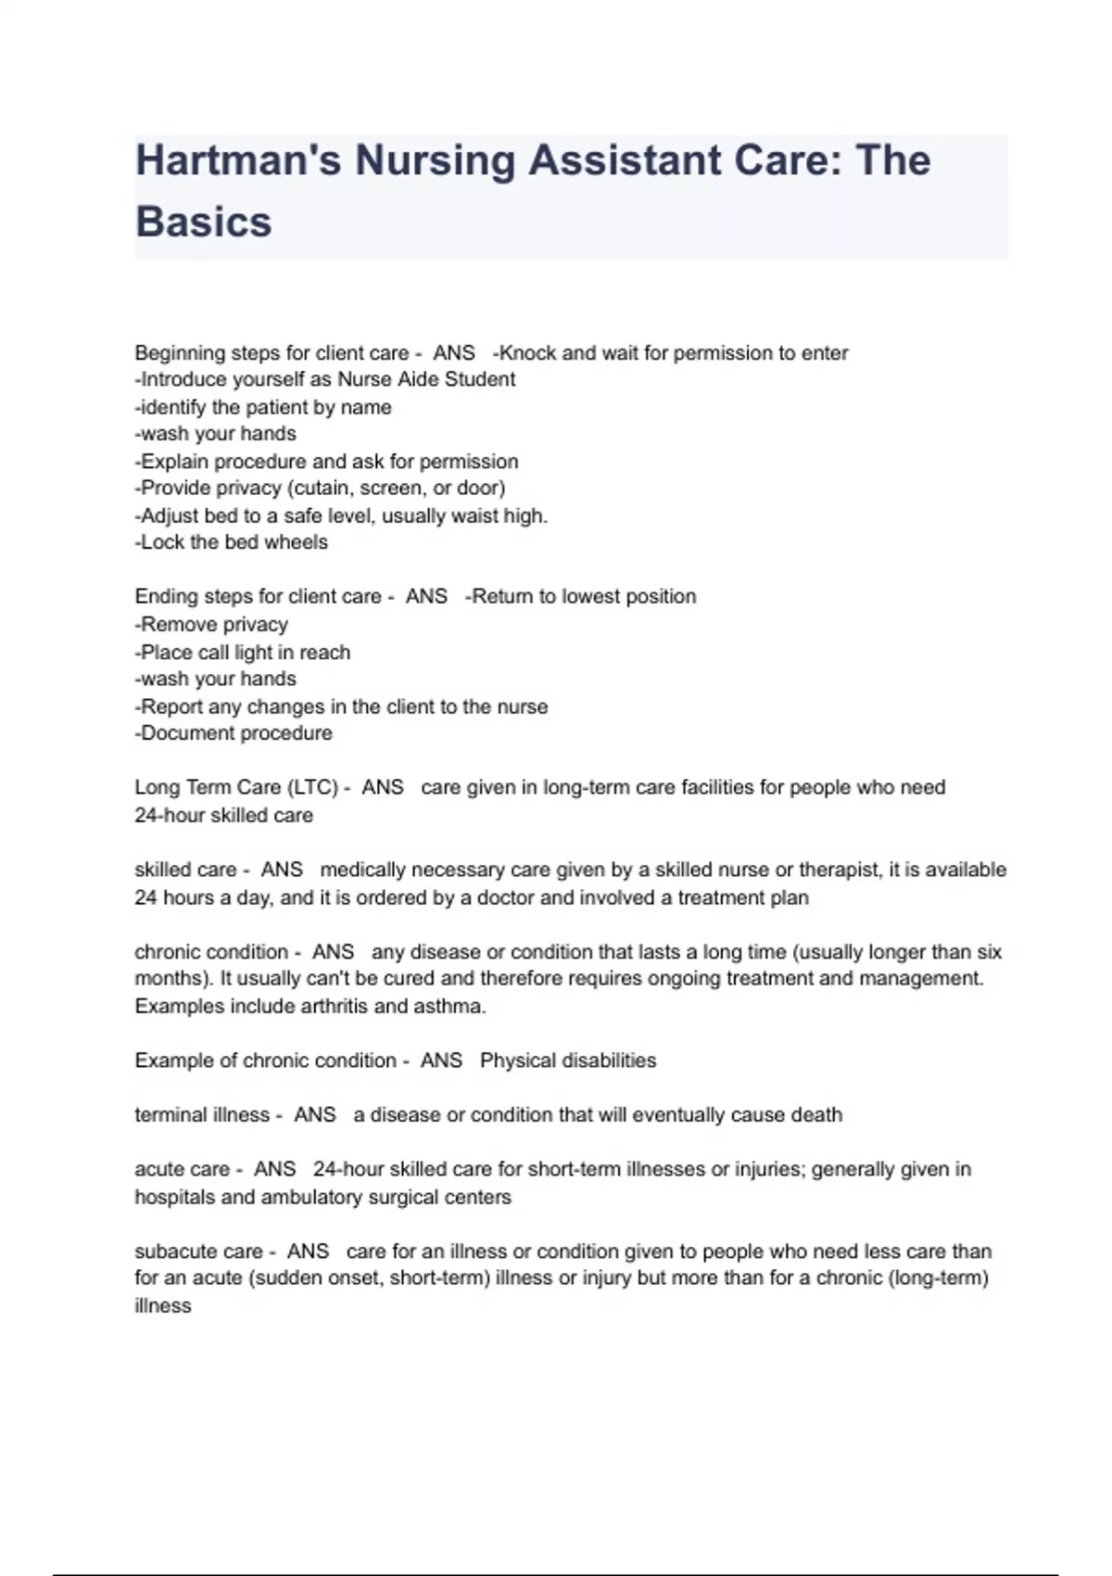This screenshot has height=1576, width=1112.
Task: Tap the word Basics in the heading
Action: [204, 222]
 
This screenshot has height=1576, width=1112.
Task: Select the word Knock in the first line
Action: [529, 353]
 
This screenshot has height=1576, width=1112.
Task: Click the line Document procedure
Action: [234, 733]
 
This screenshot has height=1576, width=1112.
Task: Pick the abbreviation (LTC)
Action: [312, 787]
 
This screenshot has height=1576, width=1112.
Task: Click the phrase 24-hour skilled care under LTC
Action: [224, 815]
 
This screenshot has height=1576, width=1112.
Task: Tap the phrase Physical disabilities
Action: [568, 1061]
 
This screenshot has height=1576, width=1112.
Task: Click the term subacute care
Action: [198, 1252]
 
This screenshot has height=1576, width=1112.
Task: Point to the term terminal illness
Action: [202, 1114]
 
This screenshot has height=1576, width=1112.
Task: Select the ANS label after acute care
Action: [274, 1169]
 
